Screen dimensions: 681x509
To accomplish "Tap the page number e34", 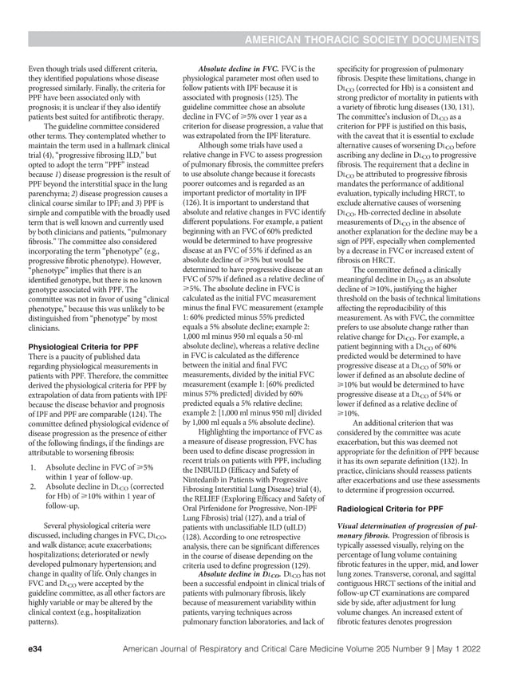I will pyautogui.click(x=34, y=651).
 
